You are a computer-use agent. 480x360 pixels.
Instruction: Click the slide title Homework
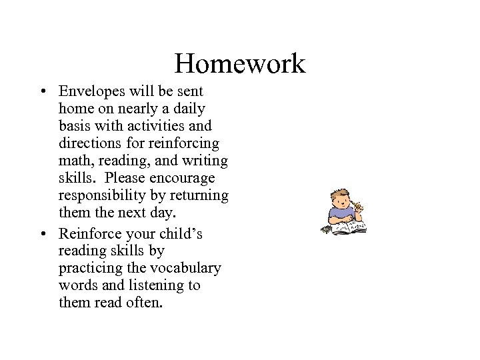(239, 64)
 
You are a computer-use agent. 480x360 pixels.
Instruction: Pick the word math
(74, 161)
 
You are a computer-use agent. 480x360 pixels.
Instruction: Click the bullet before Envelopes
(42, 91)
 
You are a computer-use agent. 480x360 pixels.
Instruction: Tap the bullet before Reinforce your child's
(42, 234)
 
